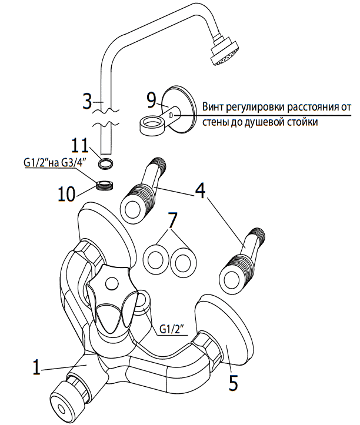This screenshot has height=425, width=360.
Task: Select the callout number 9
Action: click(x=152, y=101)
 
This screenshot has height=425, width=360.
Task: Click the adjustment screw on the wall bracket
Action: click(x=170, y=115)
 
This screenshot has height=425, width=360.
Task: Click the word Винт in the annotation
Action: click(x=213, y=107)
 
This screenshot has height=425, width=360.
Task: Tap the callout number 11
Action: click(x=81, y=146)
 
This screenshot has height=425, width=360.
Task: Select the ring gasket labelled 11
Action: click(x=105, y=164)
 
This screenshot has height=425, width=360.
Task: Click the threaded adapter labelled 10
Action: click(x=105, y=186)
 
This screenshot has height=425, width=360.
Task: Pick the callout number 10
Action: click(x=66, y=194)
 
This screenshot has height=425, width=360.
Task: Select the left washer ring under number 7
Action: click(x=155, y=260)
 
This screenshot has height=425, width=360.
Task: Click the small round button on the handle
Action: click(x=112, y=283)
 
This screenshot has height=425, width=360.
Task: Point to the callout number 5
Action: click(x=233, y=383)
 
